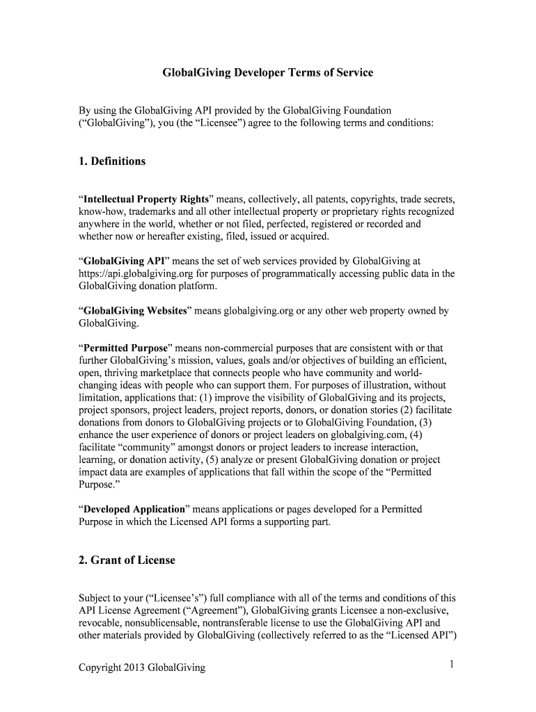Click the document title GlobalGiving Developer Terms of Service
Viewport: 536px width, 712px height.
(x=267, y=72)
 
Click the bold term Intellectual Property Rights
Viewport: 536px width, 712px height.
(x=141, y=199)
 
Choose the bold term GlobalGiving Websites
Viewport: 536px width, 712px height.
(x=135, y=311)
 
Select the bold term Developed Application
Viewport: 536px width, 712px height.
(x=134, y=509)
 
